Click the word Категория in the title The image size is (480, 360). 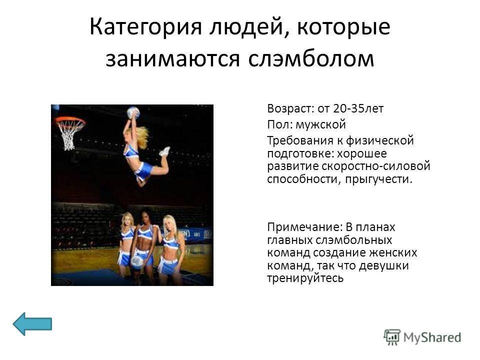[145, 27]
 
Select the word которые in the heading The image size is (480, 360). [344, 26]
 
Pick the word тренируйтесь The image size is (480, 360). [305, 278]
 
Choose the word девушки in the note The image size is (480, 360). [384, 265]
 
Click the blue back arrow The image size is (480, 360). [32, 323]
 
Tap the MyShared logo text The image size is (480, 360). [432, 337]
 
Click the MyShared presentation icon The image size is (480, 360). [392, 337]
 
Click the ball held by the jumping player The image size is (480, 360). [133, 112]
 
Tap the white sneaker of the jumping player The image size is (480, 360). [165, 151]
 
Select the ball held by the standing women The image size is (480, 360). [137, 261]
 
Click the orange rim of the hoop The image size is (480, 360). [70, 120]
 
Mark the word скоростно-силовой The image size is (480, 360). [376, 166]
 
